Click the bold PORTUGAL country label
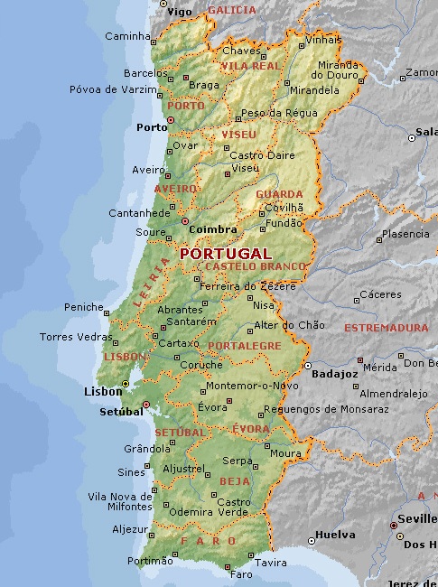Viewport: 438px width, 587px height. click(x=226, y=254)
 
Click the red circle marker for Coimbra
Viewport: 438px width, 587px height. click(x=185, y=220)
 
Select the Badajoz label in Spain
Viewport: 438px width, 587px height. click(x=334, y=374)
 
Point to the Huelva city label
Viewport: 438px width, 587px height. click(x=336, y=534)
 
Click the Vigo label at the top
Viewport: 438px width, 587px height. click(x=180, y=12)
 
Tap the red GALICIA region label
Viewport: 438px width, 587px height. click(x=232, y=10)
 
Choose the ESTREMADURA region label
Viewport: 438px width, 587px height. click(x=387, y=328)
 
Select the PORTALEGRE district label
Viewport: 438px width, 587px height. click(x=245, y=346)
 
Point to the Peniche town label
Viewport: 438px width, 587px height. click(x=84, y=307)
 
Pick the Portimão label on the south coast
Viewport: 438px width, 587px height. click(x=149, y=561)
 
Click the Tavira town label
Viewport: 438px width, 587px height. click(x=270, y=563)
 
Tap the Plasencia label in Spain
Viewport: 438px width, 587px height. click(x=405, y=234)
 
